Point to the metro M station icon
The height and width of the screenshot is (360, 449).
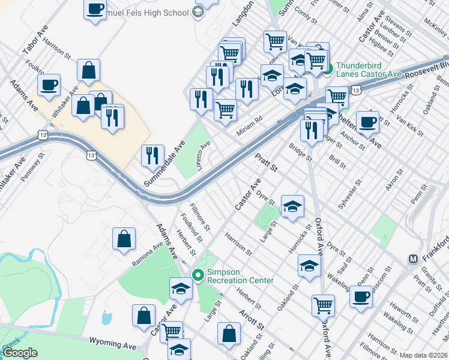[413, 259]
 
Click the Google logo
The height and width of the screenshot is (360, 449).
[20, 353]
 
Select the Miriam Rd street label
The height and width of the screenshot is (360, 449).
[250, 120]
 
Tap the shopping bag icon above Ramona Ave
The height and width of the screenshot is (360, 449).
[123, 239]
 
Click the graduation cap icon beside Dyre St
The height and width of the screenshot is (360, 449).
[292, 206]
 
